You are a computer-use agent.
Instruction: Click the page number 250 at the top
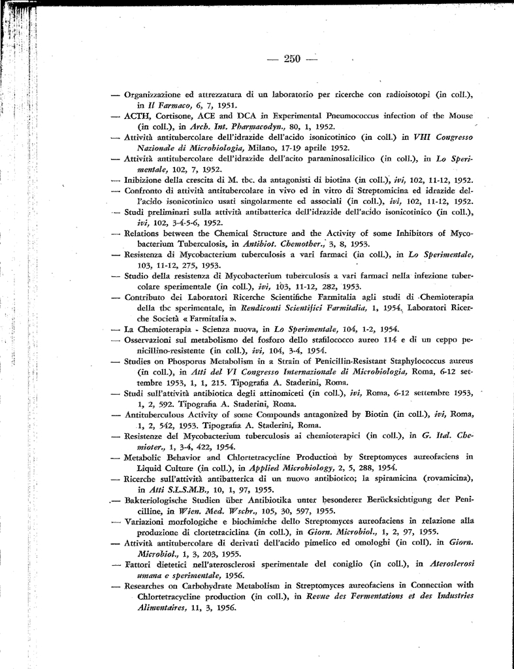(291, 59)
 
